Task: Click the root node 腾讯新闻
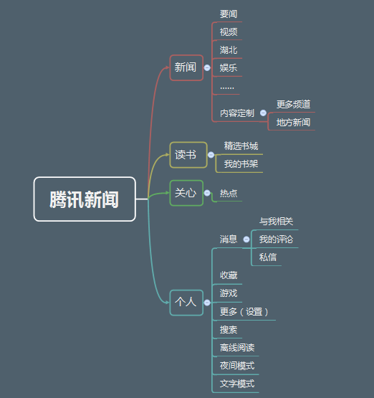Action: click(85, 199)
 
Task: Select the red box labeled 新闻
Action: click(186, 68)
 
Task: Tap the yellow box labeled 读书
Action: click(188, 155)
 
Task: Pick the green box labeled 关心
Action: click(186, 193)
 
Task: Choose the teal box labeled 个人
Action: click(186, 303)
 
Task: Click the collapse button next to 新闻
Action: click(207, 68)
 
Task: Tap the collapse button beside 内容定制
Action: click(263, 113)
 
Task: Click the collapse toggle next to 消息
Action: click(246, 239)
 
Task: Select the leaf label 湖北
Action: click(229, 50)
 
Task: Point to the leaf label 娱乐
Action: click(229, 68)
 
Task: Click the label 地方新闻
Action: click(293, 123)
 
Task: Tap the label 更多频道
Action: click(293, 104)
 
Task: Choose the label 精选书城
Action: click(241, 146)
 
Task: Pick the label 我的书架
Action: click(241, 164)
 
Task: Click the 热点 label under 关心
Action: click(229, 194)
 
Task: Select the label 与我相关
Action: click(276, 222)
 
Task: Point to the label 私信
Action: click(268, 257)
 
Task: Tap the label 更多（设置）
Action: click(244, 312)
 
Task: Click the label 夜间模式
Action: click(237, 366)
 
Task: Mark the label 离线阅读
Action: click(237, 348)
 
